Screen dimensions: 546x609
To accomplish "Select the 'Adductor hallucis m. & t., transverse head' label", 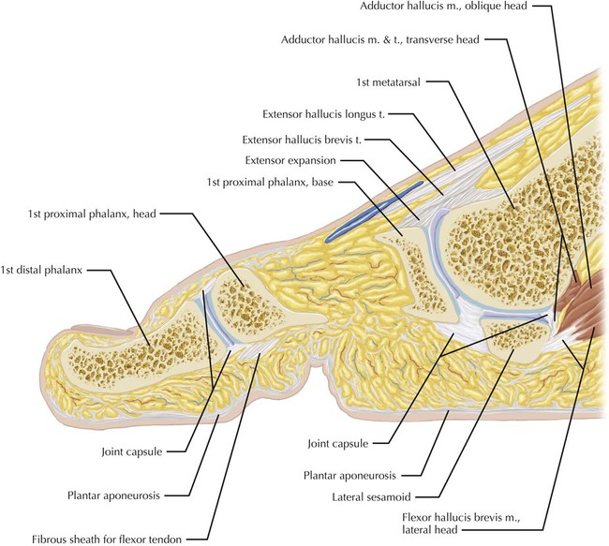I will [x=394, y=40].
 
